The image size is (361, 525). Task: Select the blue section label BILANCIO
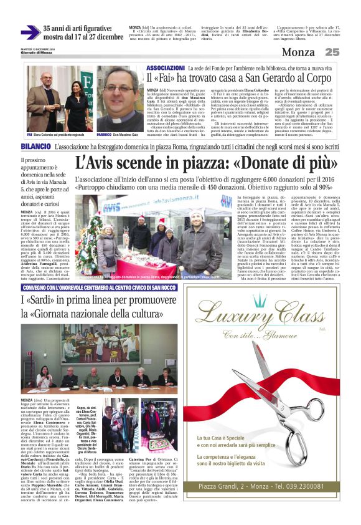35,145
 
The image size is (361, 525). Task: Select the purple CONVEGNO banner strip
99,288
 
